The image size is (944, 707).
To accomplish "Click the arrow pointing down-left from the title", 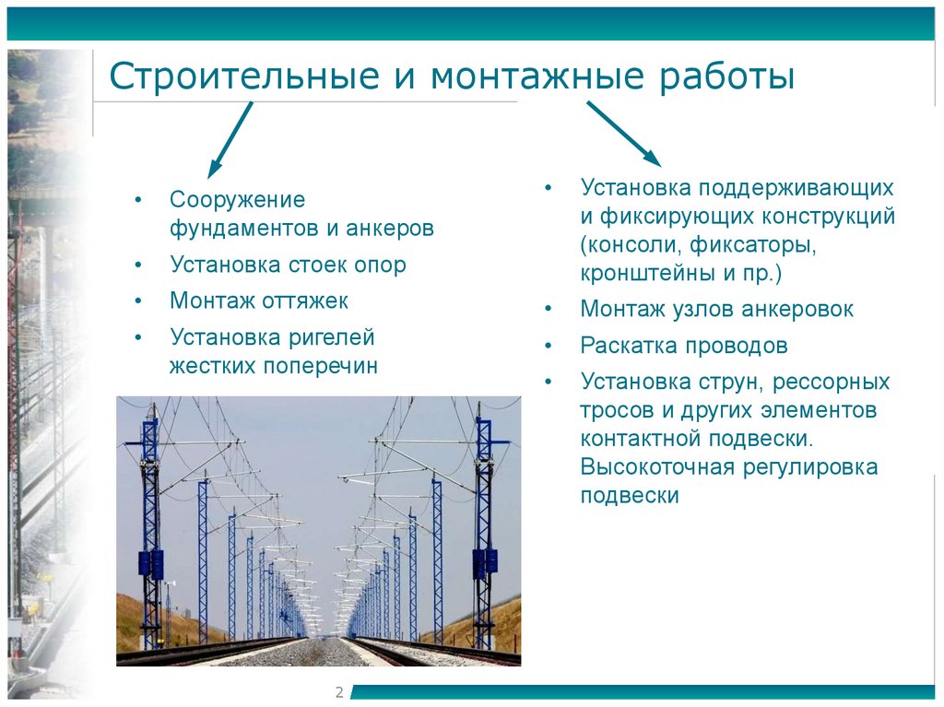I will [230, 139].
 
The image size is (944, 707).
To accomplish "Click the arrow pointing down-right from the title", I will [622, 135].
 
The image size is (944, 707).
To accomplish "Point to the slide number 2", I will [338, 692].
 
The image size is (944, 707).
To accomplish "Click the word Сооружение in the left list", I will [237, 200].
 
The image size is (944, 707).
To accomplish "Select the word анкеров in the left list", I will [387, 229].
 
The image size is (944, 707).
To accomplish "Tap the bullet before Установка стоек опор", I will [137, 265].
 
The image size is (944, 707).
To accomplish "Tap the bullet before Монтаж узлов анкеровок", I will [549, 310].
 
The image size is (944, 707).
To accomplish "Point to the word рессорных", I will [832, 382].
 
